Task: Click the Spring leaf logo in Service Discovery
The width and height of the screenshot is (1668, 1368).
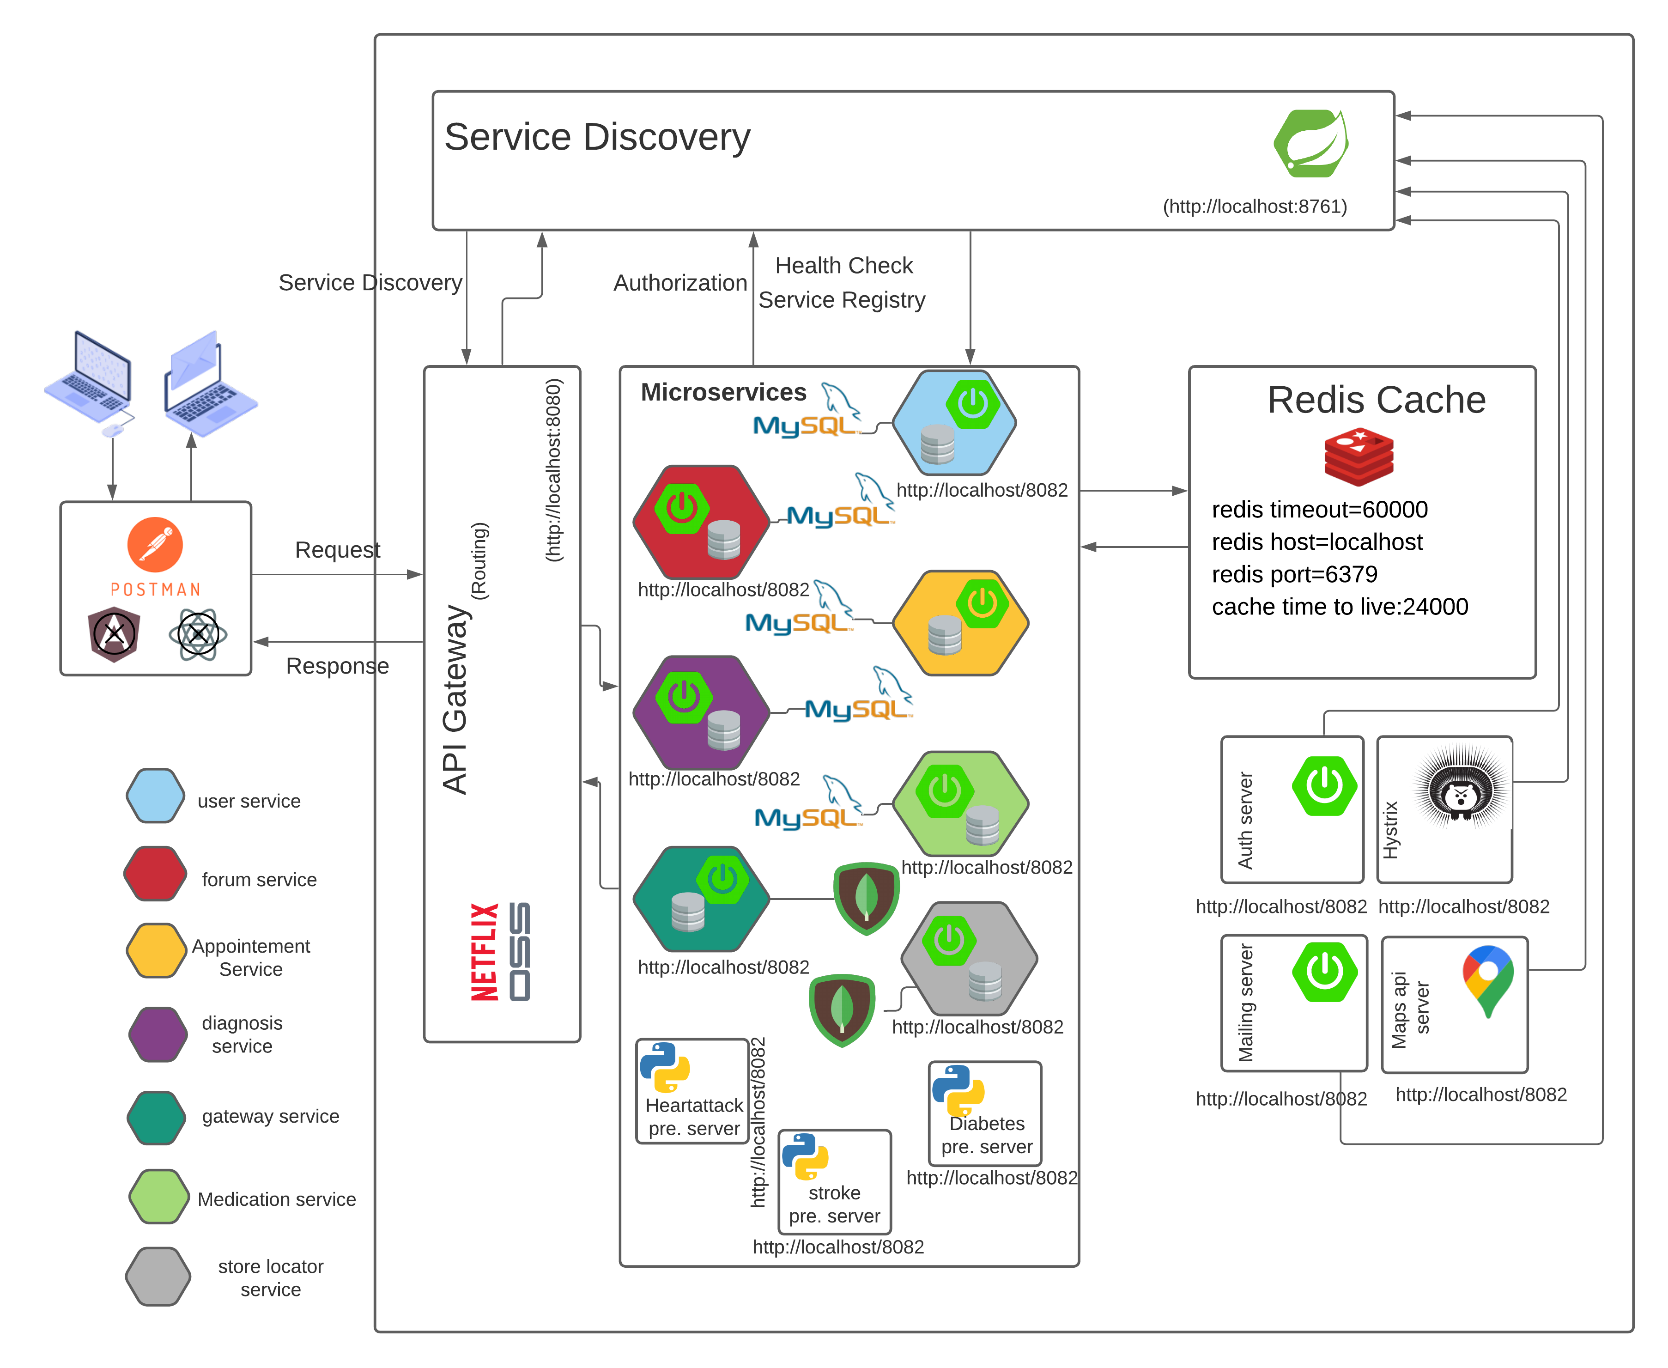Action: tap(1310, 143)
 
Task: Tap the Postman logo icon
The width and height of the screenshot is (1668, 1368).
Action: tap(155, 544)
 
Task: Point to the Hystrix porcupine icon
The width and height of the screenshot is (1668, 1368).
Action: tap(1462, 788)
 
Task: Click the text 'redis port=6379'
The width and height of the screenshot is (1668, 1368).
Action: tap(1294, 574)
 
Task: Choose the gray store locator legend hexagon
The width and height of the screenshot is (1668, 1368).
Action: tap(158, 1276)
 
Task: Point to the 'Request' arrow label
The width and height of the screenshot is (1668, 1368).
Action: tap(337, 549)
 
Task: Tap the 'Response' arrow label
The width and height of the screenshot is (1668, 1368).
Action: tap(337, 666)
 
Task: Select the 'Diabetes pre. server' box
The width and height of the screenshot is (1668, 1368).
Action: tap(985, 1113)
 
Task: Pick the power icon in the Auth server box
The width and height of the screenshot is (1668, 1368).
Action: tap(1324, 786)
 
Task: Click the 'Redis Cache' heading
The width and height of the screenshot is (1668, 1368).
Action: tap(1376, 400)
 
